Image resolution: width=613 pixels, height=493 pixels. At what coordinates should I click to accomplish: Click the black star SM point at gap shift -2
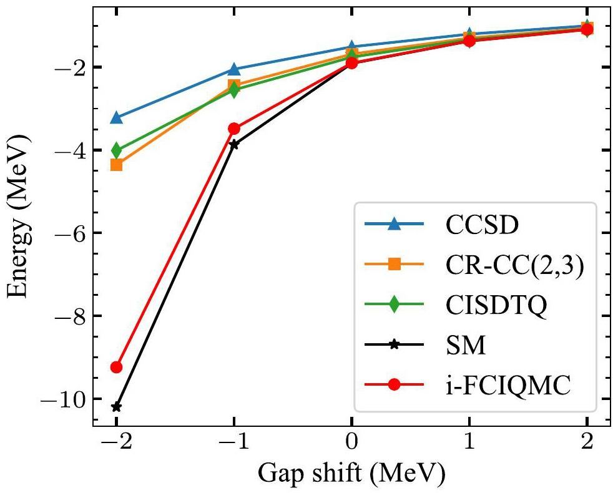116,407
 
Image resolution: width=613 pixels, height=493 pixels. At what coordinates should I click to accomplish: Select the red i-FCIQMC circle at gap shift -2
116,367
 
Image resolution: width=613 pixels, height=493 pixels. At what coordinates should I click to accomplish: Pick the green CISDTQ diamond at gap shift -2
116,150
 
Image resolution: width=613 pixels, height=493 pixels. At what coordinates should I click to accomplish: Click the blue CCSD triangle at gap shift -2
116,117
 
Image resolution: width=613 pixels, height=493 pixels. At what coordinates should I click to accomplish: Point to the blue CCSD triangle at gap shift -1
234,69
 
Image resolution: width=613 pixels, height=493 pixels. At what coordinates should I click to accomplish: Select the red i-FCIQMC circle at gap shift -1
234,129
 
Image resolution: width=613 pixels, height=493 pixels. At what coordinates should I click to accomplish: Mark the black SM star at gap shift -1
234,144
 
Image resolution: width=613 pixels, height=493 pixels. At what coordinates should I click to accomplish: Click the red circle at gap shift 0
352,62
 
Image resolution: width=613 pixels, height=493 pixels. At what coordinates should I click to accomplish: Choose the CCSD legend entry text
482,225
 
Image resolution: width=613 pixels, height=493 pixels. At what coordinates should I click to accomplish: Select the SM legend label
465,346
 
